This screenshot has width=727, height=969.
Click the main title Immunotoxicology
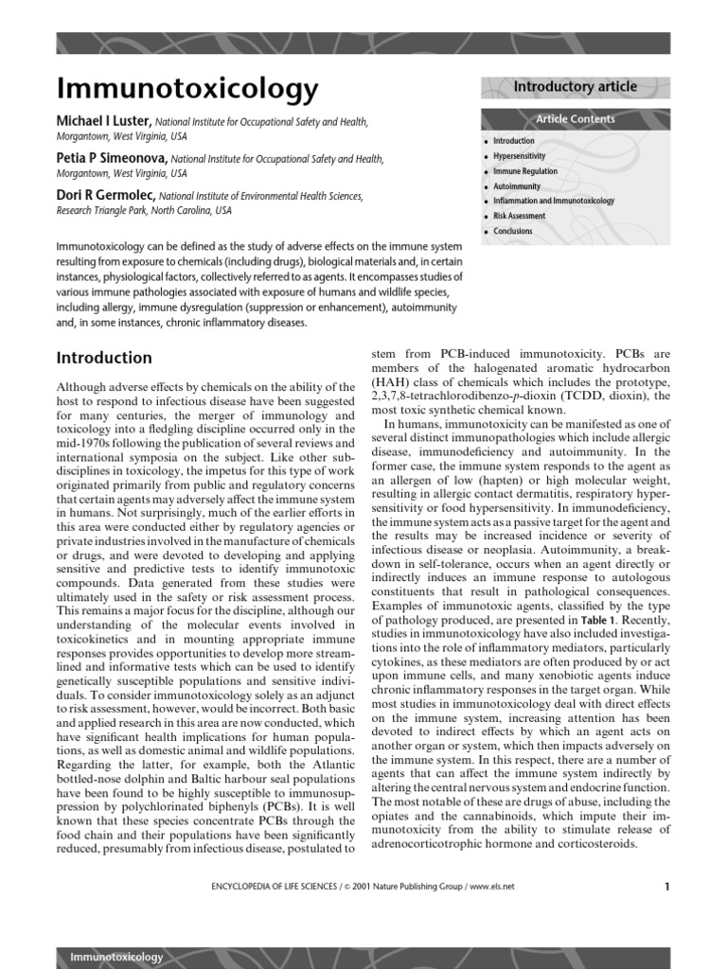[187, 89]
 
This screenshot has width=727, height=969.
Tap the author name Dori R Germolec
[106, 196]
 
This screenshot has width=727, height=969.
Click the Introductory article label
[575, 87]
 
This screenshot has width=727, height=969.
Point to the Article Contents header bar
[575, 119]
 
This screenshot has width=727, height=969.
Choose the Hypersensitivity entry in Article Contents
[519, 156]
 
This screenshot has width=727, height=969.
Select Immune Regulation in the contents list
[524, 171]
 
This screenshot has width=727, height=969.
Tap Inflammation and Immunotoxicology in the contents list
[553, 202]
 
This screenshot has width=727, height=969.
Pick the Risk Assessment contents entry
[519, 217]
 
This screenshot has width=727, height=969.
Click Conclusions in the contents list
[512, 232]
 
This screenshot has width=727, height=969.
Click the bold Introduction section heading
[104, 358]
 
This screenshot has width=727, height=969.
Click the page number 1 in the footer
[666, 887]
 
